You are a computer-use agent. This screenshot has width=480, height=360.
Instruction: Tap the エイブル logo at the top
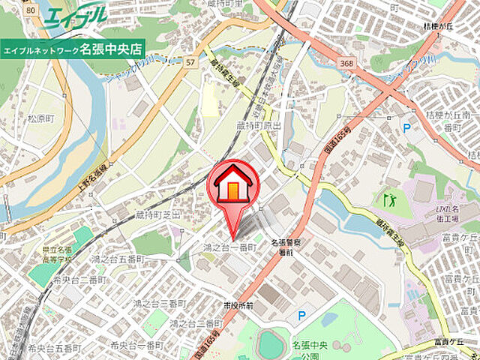(75, 16)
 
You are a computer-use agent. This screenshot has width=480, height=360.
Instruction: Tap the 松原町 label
(43, 118)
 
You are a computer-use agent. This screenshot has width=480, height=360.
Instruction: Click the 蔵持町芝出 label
(158, 214)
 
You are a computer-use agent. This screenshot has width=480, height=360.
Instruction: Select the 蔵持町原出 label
(259, 126)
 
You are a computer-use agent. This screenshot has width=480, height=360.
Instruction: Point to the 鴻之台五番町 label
(118, 257)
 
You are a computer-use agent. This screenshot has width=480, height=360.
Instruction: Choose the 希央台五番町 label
(55, 348)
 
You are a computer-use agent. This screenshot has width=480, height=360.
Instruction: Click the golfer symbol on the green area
(388, 200)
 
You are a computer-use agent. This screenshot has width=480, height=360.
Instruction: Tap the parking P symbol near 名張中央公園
(301, 316)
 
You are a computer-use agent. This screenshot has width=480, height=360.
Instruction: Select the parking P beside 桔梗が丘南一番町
(407, 128)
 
